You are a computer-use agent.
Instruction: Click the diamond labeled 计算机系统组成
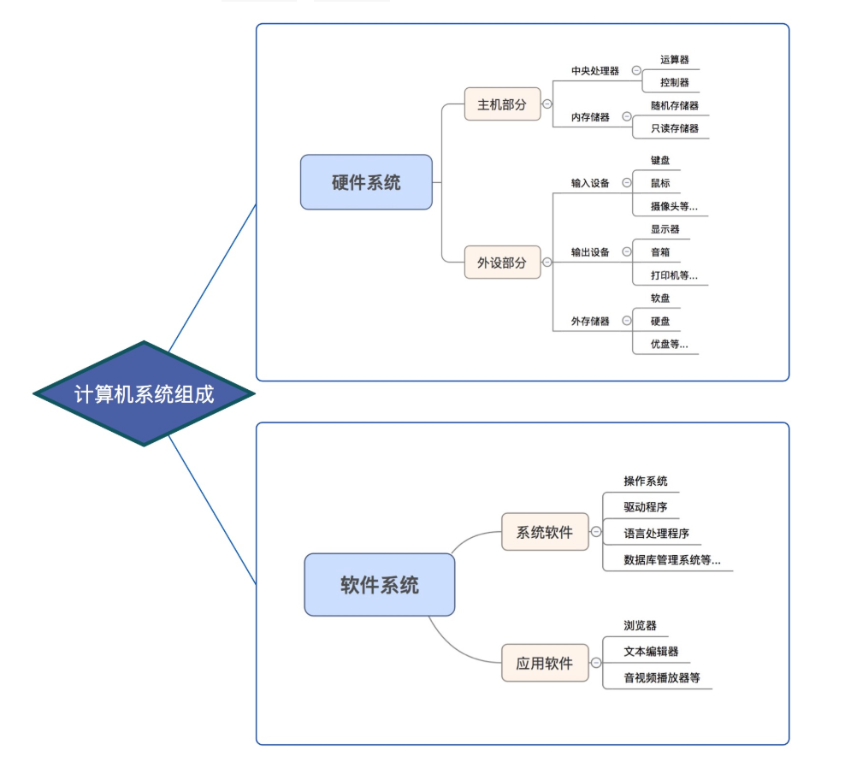click(x=144, y=393)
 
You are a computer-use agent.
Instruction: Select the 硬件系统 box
click(x=366, y=182)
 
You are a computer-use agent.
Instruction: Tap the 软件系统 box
click(x=380, y=585)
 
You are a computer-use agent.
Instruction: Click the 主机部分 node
click(x=503, y=104)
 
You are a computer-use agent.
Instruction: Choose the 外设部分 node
click(x=503, y=263)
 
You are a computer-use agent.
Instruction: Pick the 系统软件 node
click(x=545, y=532)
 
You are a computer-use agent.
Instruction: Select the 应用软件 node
click(x=545, y=663)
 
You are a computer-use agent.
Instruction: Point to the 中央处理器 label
click(x=595, y=71)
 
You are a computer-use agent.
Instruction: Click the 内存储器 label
click(x=590, y=117)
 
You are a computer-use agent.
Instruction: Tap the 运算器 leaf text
click(x=674, y=60)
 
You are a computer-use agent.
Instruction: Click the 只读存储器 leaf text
click(x=674, y=128)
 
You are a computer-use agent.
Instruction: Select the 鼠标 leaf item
click(x=660, y=183)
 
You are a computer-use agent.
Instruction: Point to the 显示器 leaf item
click(x=665, y=229)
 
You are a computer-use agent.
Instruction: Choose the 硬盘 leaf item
click(x=660, y=322)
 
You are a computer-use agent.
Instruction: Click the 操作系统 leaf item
click(x=646, y=481)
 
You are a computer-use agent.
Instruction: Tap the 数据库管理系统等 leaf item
click(x=672, y=560)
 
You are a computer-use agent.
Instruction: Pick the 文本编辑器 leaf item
click(x=651, y=652)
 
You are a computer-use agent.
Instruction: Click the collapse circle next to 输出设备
click(x=627, y=251)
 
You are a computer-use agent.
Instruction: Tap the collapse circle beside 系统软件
click(x=596, y=532)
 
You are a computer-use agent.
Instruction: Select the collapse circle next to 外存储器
click(x=627, y=321)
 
